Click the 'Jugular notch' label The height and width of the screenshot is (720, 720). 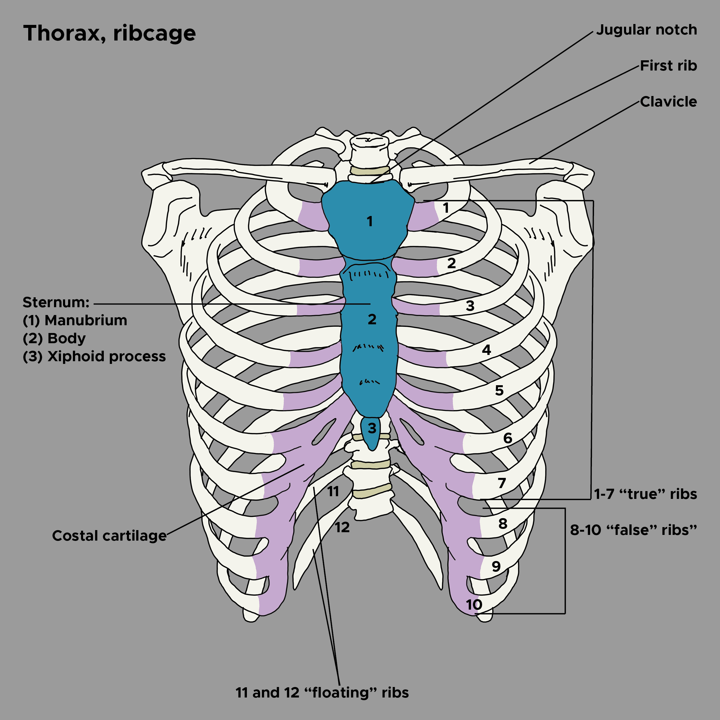[646, 30]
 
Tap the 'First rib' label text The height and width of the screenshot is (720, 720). [668, 66]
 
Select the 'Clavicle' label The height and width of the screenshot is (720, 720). [668, 102]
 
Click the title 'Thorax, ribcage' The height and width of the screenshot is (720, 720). [109, 34]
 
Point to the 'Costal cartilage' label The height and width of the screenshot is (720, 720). [109, 536]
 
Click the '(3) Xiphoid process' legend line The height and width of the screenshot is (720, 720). [94, 357]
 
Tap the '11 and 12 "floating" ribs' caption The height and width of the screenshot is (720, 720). [322, 693]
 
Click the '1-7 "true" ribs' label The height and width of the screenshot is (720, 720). [645, 494]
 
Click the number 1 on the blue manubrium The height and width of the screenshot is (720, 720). [369, 221]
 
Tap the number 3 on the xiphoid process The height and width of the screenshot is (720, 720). [372, 429]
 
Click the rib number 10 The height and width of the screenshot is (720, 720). [474, 605]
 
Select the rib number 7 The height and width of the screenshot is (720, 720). [502, 483]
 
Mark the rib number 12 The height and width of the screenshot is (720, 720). [342, 527]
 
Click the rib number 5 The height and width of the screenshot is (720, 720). [499, 391]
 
